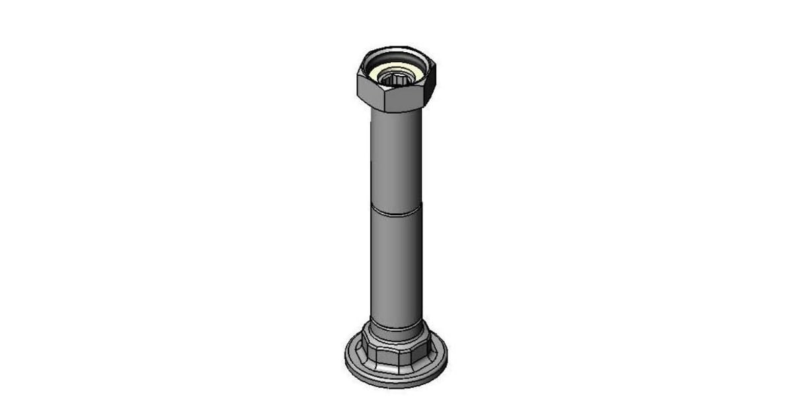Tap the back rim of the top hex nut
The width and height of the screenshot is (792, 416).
(396, 50)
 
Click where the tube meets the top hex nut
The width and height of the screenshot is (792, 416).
(396, 112)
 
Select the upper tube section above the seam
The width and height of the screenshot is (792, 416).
(396, 158)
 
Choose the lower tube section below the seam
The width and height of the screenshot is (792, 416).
(396, 264)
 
